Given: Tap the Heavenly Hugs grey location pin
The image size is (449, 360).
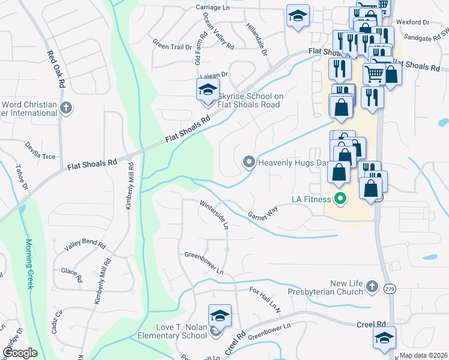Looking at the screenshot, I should (249, 162).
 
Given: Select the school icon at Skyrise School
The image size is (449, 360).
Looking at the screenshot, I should (207, 91).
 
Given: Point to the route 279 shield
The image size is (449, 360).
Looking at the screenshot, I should (388, 289).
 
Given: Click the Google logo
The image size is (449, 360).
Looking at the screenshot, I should (20, 352).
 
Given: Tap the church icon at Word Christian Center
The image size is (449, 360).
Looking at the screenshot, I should (66, 109).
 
